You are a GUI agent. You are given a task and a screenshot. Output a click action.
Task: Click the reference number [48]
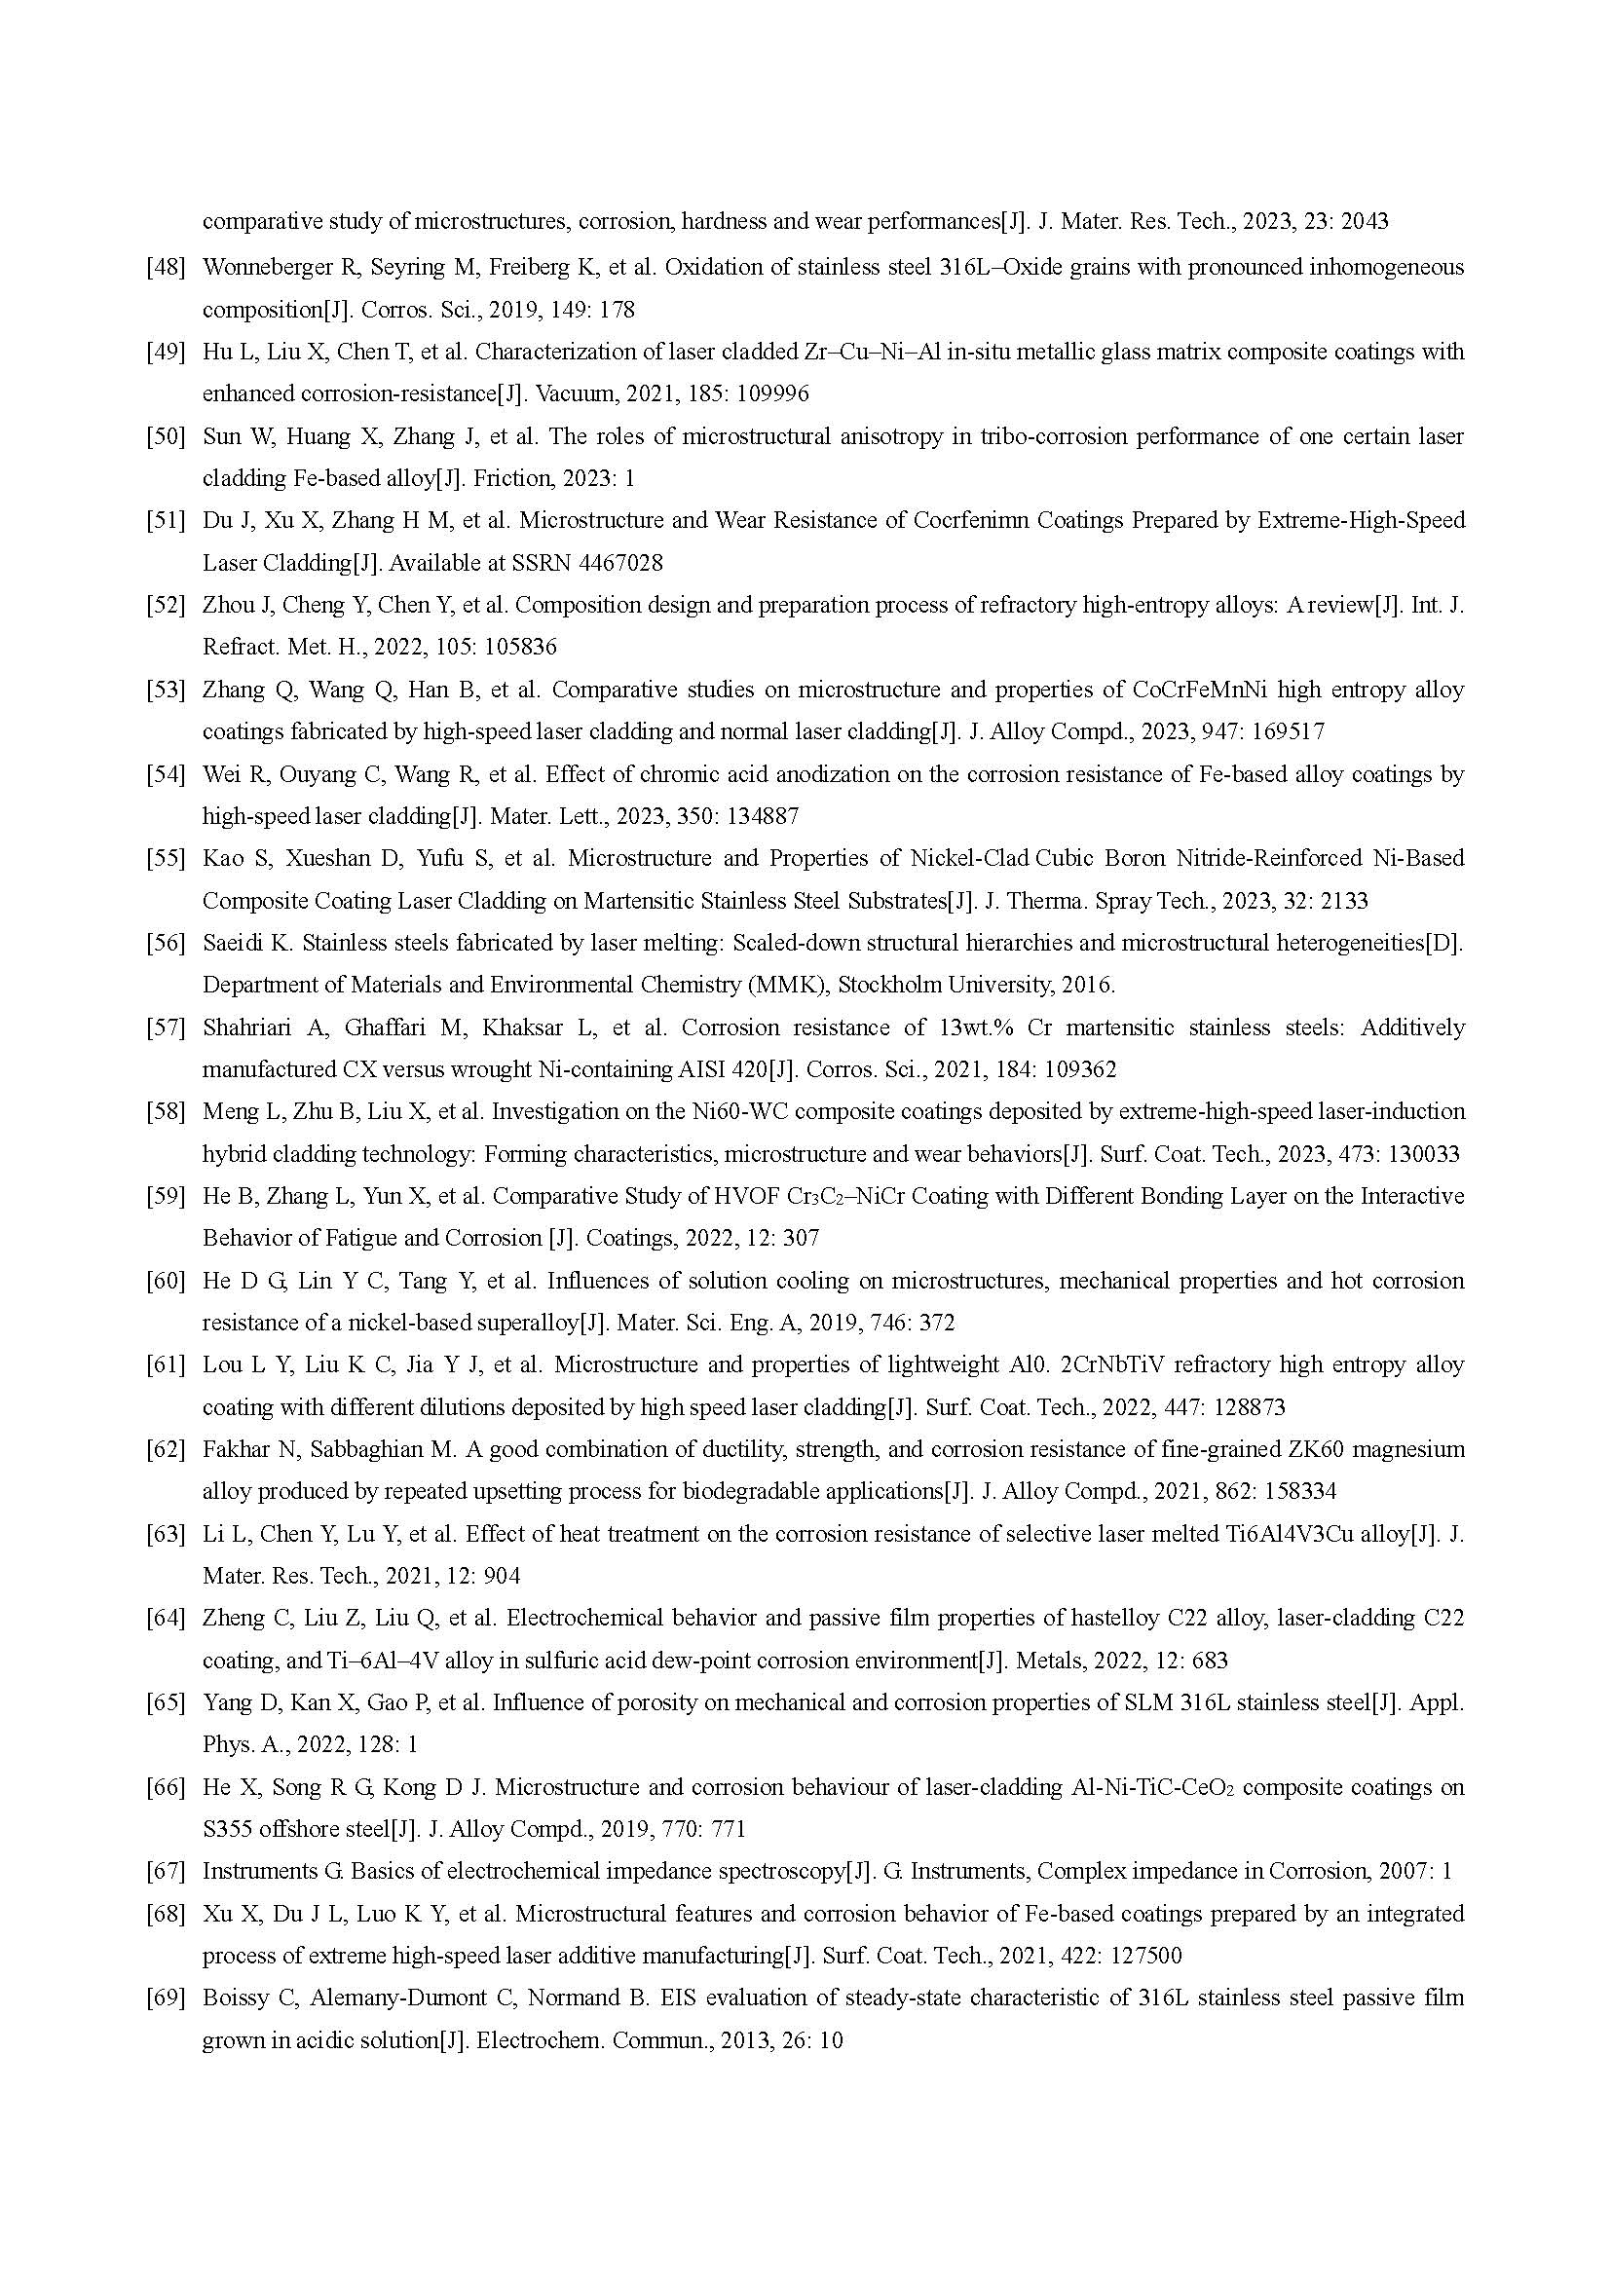[x=166, y=267]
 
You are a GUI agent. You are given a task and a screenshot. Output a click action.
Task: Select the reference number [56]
[x=166, y=943]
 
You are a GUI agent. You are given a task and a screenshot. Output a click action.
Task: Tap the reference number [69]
[x=166, y=1998]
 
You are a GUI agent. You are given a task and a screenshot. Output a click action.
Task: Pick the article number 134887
[x=760, y=816]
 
